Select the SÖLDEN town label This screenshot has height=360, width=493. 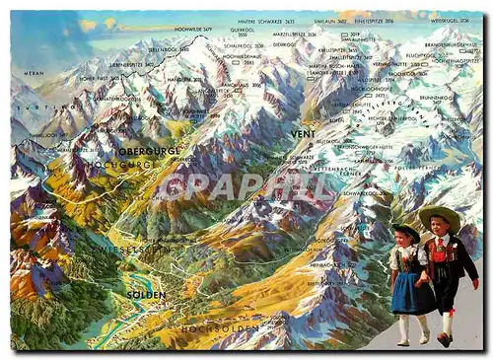coord(146,294)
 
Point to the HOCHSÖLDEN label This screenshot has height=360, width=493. coord(206,326)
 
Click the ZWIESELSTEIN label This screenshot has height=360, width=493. coord(144,251)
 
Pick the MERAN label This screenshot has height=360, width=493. coord(35,73)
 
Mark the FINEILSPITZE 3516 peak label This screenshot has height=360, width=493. coord(374,20)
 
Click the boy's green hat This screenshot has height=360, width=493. coord(439,214)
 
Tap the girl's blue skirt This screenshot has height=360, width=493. coord(408,295)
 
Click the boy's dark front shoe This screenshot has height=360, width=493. coord(443,339)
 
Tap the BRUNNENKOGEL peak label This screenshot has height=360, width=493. coord(435,100)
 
